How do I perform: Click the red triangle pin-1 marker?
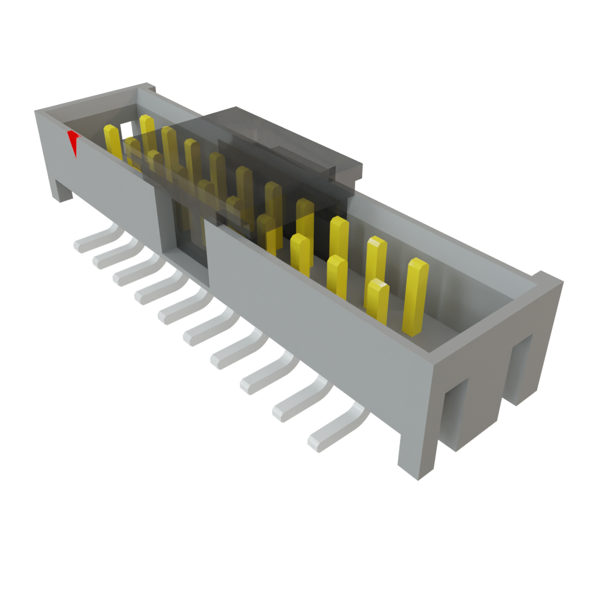(74, 142)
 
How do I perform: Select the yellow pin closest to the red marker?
(112, 142)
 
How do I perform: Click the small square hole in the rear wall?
(126, 127)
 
